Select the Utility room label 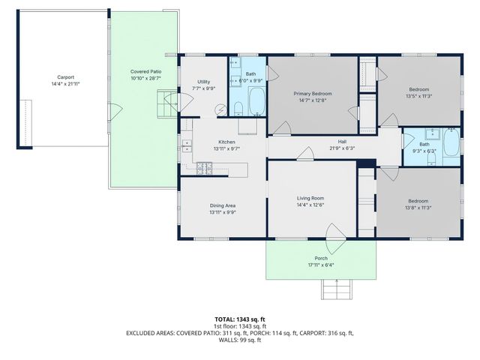click(204, 82)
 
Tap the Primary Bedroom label click(311, 94)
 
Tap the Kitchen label click(226, 142)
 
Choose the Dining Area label click(222, 205)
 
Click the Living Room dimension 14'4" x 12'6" click(310, 205)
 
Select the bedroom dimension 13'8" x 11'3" click(418, 208)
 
